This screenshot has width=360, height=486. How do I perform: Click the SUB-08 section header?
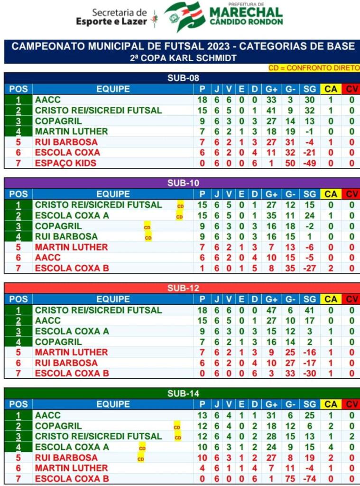tap(183, 78)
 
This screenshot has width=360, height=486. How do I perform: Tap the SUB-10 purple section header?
tap(183, 183)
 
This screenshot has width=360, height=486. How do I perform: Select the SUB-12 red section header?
tap(183, 288)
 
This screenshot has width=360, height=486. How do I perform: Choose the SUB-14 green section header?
tap(183, 393)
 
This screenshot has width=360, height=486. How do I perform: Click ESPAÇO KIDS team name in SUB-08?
tap(65, 163)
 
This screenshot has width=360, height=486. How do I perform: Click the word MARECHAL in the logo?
tap(246, 12)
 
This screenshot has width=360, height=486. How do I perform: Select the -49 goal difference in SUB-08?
tap(309, 163)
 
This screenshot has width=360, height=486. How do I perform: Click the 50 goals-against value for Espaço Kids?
tap(289, 163)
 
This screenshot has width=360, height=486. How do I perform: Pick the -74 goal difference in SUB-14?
tap(309, 478)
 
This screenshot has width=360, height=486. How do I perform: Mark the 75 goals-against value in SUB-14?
tap(289, 478)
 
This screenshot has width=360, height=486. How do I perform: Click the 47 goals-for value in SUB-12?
tap(271, 310)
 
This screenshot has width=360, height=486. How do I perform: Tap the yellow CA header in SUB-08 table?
tap(331, 89)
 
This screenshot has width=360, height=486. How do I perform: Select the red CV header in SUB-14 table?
tap(351, 404)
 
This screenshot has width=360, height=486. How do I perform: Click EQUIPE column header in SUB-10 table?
tap(113, 194)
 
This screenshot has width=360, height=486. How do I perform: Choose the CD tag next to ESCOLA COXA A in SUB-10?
tap(180, 217)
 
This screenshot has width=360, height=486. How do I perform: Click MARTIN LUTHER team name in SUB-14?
tap(71, 468)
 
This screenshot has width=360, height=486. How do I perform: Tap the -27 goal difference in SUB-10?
tap(309, 268)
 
